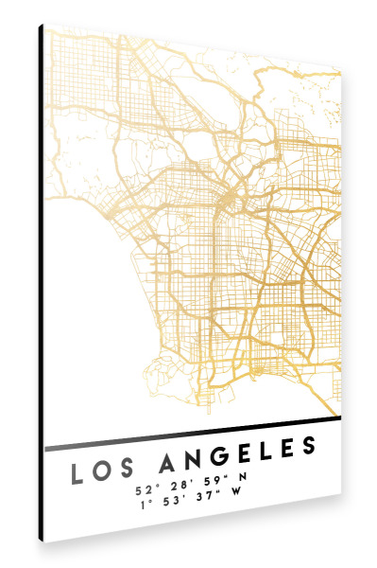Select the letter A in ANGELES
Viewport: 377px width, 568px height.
click(170, 464)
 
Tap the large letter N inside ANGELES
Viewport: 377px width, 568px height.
click(195, 462)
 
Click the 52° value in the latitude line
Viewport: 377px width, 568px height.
click(145, 490)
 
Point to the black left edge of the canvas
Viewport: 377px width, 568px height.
click(41, 284)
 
